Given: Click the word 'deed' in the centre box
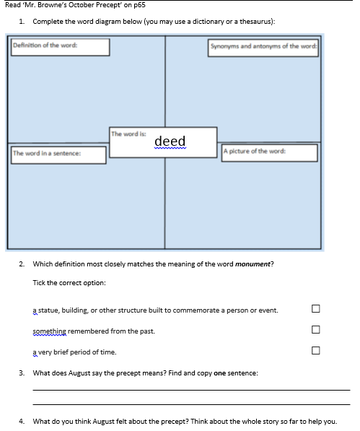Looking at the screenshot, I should tap(170, 141).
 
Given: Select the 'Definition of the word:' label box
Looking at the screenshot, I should tap(59, 47).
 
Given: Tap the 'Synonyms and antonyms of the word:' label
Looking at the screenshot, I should tap(263, 47).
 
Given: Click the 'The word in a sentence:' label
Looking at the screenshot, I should tap(59, 153).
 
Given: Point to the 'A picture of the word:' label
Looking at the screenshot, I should tap(269, 152).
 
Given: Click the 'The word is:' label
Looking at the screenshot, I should tap(128, 134).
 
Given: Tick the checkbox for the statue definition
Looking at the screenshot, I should tap(315, 309).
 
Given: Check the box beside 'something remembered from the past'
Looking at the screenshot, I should tap(315, 331).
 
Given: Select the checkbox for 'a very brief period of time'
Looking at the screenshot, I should tap(315, 352).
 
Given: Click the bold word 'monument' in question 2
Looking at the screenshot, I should tap(253, 264).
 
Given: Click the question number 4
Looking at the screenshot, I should tap(22, 421).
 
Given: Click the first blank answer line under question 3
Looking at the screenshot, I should tap(190, 390).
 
